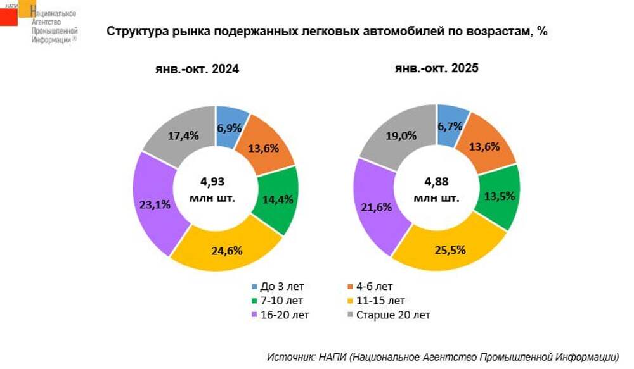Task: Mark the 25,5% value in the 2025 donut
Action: pos(450,249)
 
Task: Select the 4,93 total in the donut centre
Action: pos(212,182)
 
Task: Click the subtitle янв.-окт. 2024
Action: pos(198,70)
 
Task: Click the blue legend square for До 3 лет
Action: pos(256,287)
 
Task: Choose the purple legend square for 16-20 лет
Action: pos(256,315)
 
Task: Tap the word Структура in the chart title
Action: pos(135,32)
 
